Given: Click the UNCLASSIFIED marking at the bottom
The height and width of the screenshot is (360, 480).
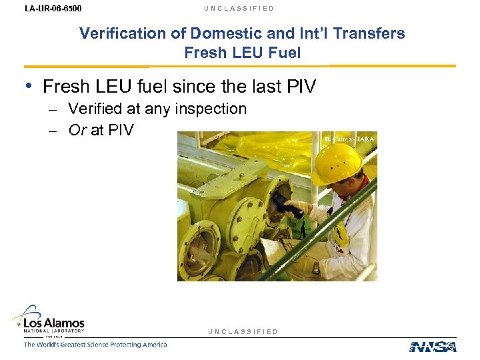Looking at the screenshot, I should pos(243,331).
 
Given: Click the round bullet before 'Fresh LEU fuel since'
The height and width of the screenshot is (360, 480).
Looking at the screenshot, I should pos(30,86).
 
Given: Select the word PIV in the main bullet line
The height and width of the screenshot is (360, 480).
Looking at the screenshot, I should pos(301,87).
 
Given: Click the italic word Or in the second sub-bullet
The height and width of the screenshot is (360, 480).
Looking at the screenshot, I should pos(78,130).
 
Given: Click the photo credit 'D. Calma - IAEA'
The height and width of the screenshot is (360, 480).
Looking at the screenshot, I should pos(349,139).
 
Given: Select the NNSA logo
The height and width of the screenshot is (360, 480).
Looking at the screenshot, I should pos(433,346).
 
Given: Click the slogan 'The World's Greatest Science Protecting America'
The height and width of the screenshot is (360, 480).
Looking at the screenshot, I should pos(95,345).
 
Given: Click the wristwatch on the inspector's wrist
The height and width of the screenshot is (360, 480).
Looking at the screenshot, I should pos(316,268).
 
